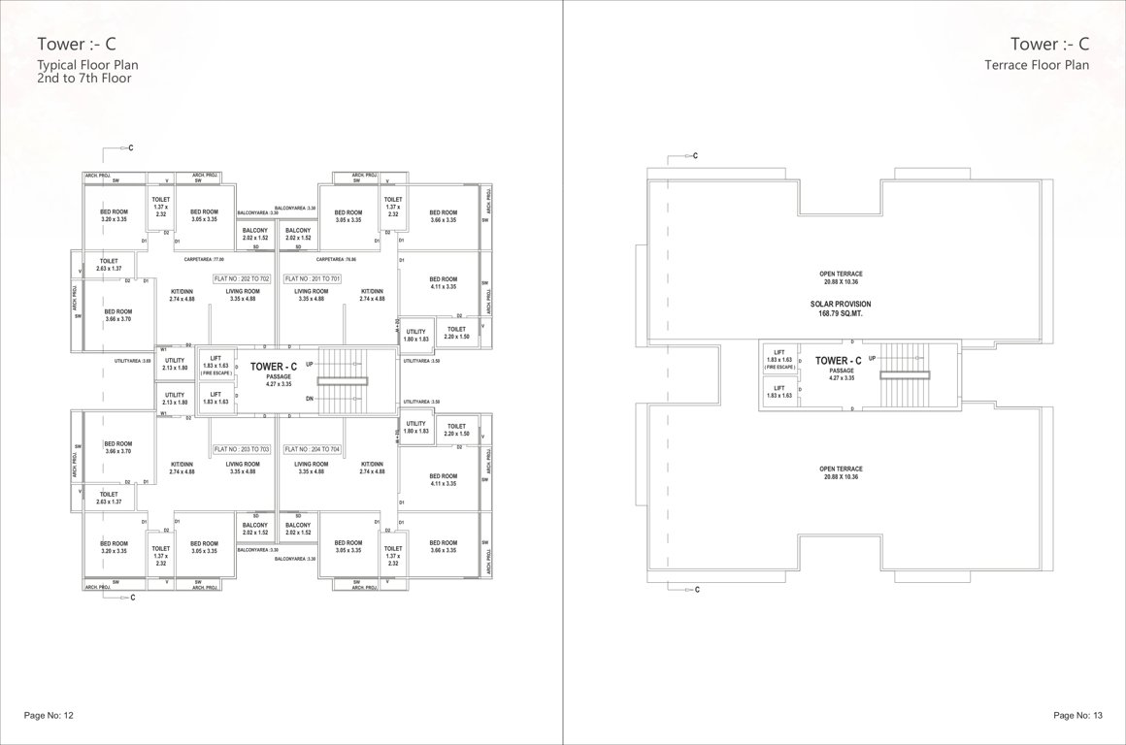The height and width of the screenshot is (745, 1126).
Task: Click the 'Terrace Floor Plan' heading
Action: point(1037,65)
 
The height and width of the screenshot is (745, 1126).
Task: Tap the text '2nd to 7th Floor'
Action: point(83,79)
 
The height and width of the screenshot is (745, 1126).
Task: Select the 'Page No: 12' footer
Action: point(48,715)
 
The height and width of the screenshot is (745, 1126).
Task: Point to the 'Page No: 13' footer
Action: point(1077,715)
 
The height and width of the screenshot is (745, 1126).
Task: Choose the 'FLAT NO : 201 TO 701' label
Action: point(313,278)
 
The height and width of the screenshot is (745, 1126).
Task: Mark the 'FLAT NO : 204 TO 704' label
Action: point(313,450)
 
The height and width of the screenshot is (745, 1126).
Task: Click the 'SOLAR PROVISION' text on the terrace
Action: point(841,304)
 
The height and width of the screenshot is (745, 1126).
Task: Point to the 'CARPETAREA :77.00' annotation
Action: point(204,260)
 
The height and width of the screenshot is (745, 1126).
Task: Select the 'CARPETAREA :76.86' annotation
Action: point(336,260)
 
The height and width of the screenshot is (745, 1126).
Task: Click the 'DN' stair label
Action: point(310,399)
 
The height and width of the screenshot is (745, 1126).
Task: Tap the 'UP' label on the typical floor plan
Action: point(310,364)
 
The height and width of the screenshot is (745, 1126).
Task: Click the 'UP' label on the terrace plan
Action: point(872,358)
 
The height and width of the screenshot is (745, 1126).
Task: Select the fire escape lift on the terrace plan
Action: point(778,359)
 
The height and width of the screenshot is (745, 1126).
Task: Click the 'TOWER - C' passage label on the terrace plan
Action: point(838,361)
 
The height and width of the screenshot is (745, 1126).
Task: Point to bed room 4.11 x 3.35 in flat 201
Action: point(443,282)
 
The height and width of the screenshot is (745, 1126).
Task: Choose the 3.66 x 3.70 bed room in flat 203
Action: point(117,447)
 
